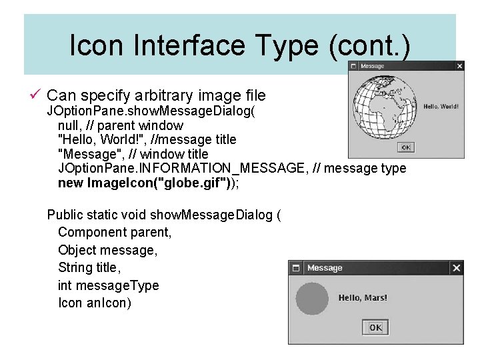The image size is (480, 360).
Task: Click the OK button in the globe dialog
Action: [x=405, y=147]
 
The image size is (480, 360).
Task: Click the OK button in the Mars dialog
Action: [x=375, y=327]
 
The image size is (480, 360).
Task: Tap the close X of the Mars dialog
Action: [x=456, y=268]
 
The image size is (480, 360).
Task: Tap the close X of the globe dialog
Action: [x=459, y=66]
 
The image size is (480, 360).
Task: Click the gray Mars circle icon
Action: [x=312, y=298]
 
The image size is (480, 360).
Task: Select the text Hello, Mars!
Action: [x=363, y=298]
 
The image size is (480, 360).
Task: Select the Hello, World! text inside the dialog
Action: [x=441, y=107]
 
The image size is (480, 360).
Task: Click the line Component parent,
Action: [x=115, y=232]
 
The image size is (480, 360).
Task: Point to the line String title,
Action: [x=89, y=267]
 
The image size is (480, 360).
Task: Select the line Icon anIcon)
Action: [x=95, y=303]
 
